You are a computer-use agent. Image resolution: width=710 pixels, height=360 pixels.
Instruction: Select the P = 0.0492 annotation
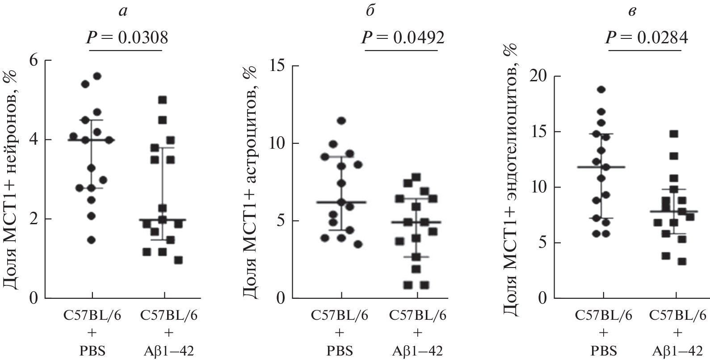(403, 38)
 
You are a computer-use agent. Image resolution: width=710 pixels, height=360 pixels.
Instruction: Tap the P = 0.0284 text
(647, 38)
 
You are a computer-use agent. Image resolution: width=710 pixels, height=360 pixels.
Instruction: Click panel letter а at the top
(123, 12)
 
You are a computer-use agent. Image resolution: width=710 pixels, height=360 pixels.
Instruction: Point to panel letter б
(370, 12)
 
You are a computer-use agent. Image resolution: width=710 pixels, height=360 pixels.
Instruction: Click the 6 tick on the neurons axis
(34, 60)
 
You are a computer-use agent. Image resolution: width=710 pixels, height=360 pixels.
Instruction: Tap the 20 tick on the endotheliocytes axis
(539, 77)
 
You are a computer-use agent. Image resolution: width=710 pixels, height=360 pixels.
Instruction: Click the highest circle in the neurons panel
(97, 76)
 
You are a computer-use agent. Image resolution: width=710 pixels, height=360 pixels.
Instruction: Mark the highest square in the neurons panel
(163, 100)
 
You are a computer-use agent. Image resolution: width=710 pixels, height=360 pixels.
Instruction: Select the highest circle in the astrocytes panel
(341, 120)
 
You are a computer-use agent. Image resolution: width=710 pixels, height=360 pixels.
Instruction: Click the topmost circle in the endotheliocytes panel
(601, 90)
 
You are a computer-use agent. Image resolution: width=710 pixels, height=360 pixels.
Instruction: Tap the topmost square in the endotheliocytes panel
(674, 134)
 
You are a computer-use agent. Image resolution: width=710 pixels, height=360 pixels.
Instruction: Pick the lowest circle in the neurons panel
(91, 240)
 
